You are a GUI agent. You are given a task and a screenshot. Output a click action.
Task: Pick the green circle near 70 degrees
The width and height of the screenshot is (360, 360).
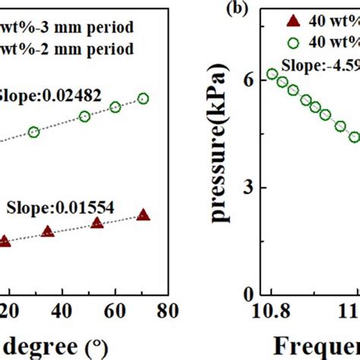(x=143, y=99)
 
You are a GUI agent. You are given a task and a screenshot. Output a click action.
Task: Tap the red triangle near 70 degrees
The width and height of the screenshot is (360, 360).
(x=143, y=216)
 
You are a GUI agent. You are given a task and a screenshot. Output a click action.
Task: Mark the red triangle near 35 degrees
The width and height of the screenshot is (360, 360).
(x=47, y=232)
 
